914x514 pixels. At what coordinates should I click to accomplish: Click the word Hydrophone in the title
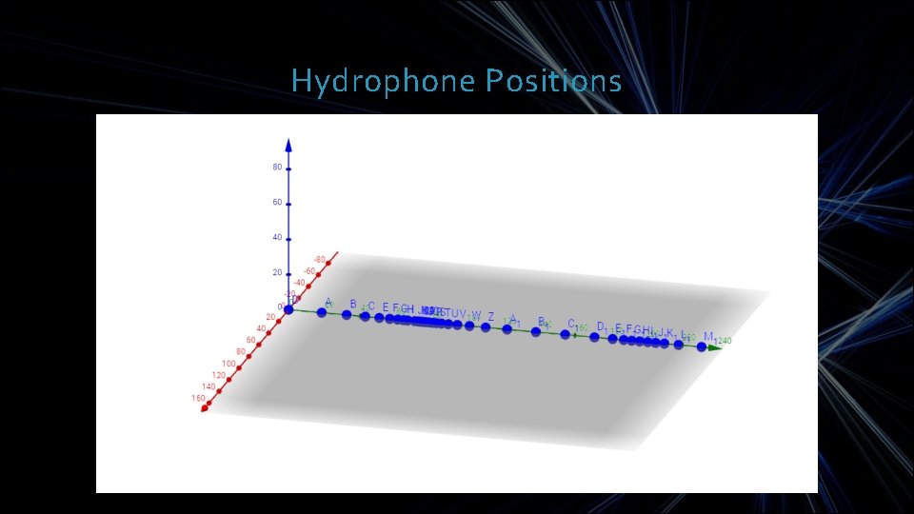coord(383,81)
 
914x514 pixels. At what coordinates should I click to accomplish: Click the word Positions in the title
coord(553,81)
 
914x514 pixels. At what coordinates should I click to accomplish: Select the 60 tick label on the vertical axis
coord(277,203)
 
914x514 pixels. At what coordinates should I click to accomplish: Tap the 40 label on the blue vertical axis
coord(277,238)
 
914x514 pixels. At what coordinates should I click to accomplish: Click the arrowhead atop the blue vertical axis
coord(288,145)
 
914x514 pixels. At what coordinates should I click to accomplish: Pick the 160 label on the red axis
coord(197,398)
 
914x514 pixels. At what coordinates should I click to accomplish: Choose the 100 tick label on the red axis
coord(229,364)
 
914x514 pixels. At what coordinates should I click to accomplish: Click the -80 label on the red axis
coord(320,258)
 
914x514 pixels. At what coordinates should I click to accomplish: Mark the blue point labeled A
coord(322,311)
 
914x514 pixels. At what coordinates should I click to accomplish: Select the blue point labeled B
coord(347,314)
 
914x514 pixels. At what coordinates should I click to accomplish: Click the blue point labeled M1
coord(702,347)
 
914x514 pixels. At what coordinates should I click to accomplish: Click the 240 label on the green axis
coord(725,341)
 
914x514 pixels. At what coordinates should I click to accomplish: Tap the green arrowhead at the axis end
coord(716,348)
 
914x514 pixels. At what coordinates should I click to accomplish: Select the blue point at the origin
coord(289,308)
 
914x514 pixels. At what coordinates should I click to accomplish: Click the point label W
coord(476,315)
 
